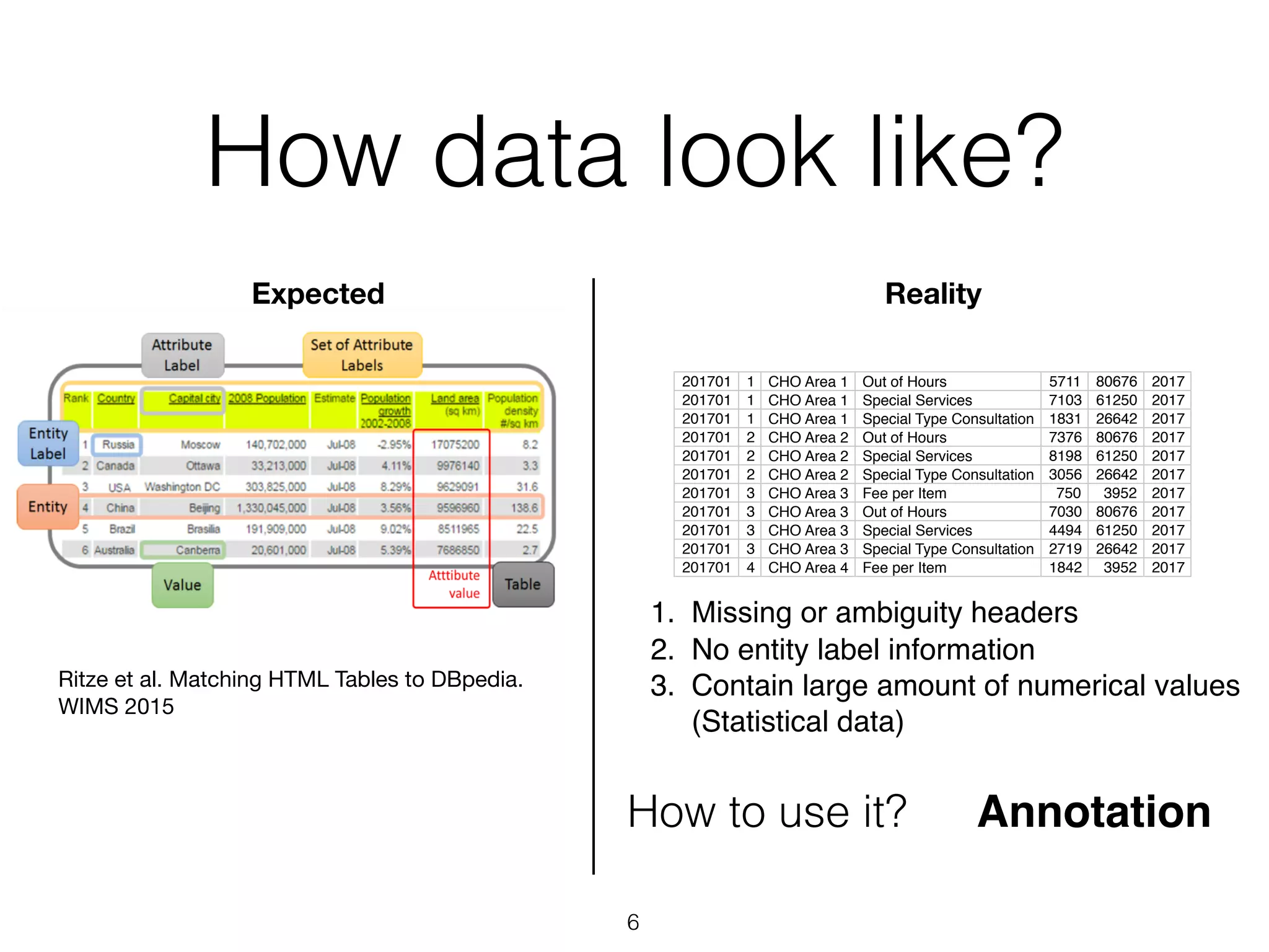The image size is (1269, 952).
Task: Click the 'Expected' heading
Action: pos(318,294)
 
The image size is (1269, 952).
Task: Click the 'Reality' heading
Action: pos(933,294)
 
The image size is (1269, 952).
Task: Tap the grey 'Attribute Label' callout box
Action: pos(182,355)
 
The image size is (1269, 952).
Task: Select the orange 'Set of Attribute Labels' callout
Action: pos(362,355)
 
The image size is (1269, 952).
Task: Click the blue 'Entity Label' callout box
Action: pos(48,443)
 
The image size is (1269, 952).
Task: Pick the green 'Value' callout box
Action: pos(182,584)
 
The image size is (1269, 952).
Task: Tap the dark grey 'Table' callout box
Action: pos(522,584)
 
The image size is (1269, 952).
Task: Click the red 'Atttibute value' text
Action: pos(454,584)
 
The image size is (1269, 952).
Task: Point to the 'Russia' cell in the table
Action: pos(118,444)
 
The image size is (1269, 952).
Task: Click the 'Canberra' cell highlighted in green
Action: pos(197,550)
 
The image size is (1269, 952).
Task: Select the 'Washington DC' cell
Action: pos(182,487)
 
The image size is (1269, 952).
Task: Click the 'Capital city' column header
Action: pos(194,399)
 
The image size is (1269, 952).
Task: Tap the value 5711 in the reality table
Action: pos(1064,382)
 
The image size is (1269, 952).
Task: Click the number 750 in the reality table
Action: pos(1068,493)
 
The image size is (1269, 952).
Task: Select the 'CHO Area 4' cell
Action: pos(807,568)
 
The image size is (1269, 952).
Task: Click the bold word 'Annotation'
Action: pos(1094,812)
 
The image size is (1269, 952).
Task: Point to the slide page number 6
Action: pos(633,922)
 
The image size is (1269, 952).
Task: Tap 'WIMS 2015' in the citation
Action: pos(116,707)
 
